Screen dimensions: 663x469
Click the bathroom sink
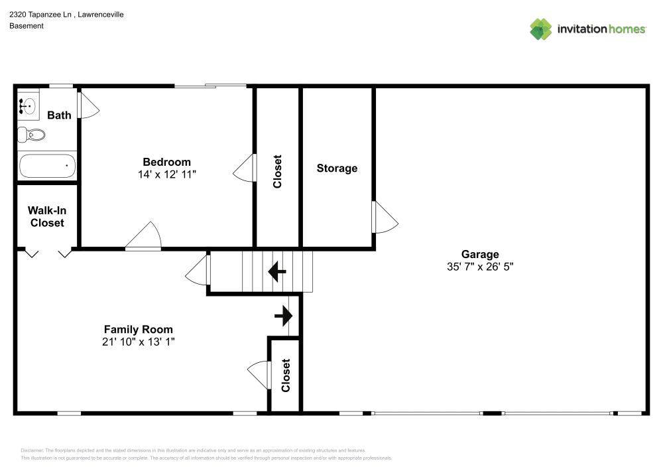28,105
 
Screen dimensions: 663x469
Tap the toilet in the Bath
31,135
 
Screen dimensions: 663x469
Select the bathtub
47,166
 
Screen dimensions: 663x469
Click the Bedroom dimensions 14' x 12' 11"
167,174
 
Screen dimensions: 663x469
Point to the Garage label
480,254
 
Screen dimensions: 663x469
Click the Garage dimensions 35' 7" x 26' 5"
480,267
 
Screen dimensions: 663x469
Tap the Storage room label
337,168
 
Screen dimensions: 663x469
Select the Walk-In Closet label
47,216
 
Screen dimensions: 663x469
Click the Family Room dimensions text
139,342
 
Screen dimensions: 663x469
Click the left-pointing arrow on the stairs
277,271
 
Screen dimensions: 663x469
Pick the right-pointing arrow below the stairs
283,316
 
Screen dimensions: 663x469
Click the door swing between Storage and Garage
385,218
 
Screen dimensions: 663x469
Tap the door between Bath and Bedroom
88,105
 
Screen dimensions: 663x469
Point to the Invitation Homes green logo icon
541,29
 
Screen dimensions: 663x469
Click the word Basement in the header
27,26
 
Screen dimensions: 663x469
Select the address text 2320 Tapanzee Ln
40,15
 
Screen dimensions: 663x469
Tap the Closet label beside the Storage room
277,171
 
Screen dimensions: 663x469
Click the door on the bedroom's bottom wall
143,235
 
